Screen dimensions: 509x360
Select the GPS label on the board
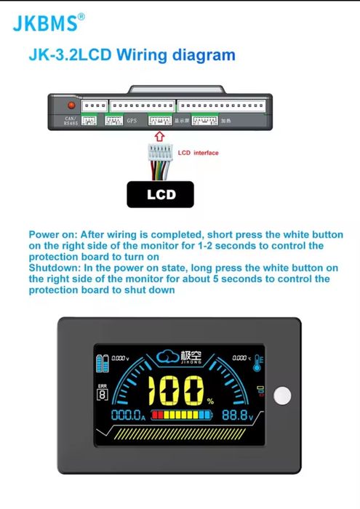click(x=132, y=121)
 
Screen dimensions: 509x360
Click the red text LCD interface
click(x=198, y=153)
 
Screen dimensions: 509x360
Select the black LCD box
click(x=161, y=194)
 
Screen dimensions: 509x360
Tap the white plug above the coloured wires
click(x=160, y=153)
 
